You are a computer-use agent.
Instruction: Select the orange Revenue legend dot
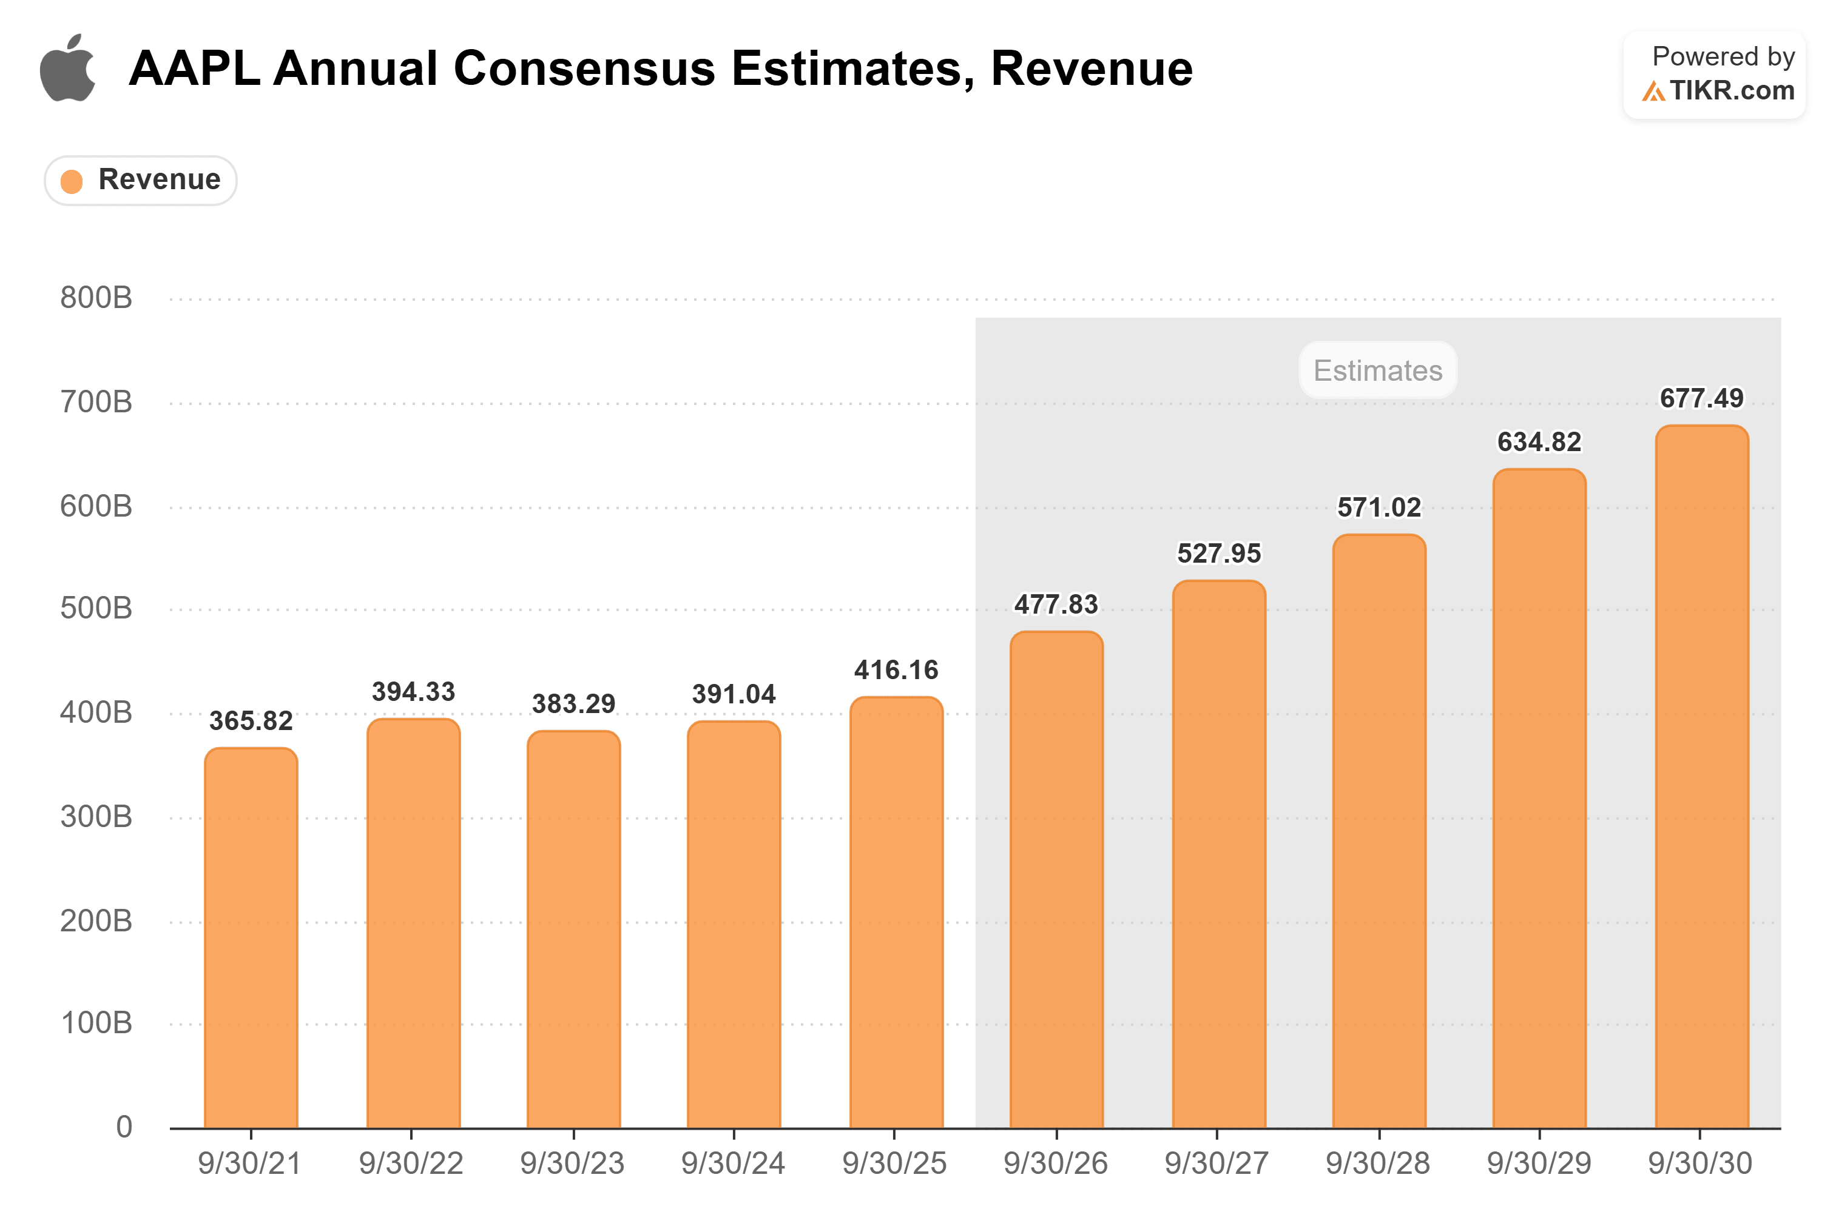pyautogui.click(x=72, y=181)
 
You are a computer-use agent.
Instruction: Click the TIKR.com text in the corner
pyautogui.click(x=1732, y=90)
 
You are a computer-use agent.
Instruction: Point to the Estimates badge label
pyautogui.click(x=1377, y=370)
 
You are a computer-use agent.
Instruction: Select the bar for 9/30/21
pyautogui.click(x=251, y=937)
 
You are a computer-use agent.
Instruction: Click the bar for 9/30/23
pyautogui.click(x=573, y=929)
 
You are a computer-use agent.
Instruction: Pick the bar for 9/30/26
pyautogui.click(x=1056, y=879)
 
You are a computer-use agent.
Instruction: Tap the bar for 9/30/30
pyautogui.click(x=1701, y=776)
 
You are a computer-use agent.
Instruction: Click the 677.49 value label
pyautogui.click(x=1701, y=398)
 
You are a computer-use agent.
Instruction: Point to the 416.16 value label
pyautogui.click(x=896, y=670)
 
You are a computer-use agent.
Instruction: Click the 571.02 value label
pyautogui.click(x=1379, y=508)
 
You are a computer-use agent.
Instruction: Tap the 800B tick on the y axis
pyautogui.click(x=96, y=298)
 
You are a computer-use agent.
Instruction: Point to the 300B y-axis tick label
pyautogui.click(x=96, y=817)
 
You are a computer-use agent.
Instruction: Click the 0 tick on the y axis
pyautogui.click(x=124, y=1127)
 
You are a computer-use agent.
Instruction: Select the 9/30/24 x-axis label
pyautogui.click(x=733, y=1164)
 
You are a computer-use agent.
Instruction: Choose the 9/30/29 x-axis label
pyautogui.click(x=1539, y=1164)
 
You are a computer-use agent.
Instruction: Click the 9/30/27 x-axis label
pyautogui.click(x=1217, y=1164)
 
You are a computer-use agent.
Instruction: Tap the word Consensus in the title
pyautogui.click(x=584, y=69)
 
